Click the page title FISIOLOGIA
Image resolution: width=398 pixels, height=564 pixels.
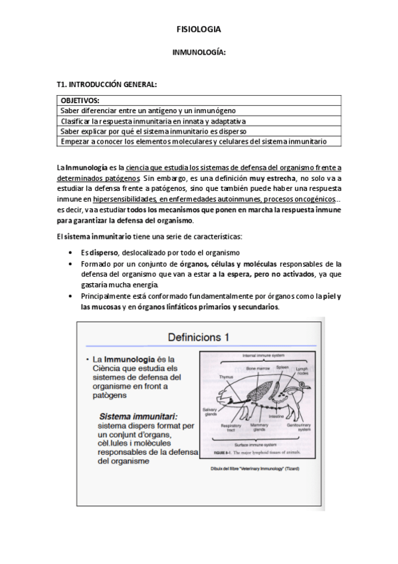199,29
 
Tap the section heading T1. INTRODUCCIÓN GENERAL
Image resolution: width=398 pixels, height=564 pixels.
107,84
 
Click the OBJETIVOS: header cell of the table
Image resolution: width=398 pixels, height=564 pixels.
80,100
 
